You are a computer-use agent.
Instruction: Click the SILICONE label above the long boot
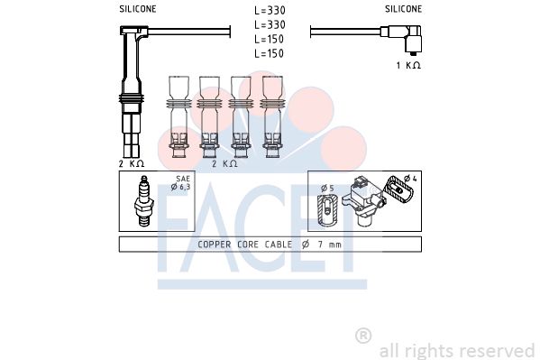(137, 9)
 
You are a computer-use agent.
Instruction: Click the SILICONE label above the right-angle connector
(403, 9)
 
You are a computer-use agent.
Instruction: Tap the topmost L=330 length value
(270, 10)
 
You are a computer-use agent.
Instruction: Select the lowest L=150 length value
(269, 53)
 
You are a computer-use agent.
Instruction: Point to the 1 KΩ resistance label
(408, 65)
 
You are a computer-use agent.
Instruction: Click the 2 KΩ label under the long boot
(132, 163)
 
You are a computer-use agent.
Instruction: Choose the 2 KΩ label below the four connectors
(224, 163)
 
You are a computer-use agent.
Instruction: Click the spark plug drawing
(143, 201)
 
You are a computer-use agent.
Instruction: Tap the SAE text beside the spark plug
(183, 179)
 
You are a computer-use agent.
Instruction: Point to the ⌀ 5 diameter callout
(327, 189)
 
